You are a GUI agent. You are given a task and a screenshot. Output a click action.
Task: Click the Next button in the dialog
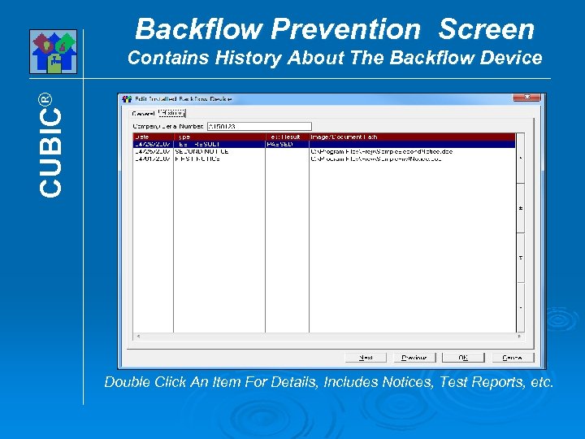366,358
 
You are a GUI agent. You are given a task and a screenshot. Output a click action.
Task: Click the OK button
462,358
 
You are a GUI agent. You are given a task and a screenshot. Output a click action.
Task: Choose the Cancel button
513,358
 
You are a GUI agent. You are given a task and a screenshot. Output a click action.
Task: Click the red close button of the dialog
526,98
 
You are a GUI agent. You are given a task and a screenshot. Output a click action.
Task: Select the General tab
143,113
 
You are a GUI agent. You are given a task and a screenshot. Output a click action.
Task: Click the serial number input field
247,127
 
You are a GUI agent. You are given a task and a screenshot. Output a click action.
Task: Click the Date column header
153,137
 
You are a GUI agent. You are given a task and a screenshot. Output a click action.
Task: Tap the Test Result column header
286,137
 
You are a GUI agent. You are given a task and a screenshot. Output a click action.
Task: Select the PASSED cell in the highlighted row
280,144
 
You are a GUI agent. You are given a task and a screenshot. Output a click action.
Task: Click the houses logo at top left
53,51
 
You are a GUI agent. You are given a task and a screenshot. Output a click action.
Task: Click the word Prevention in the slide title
344,29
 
